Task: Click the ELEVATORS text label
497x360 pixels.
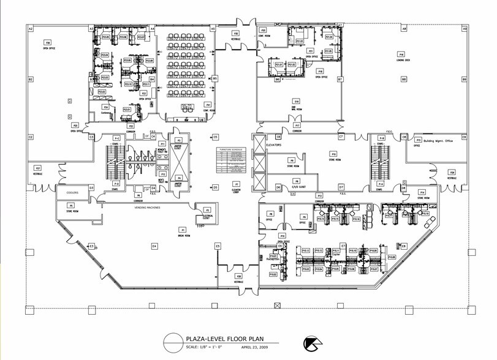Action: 274,145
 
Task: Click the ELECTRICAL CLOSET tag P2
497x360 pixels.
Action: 207,210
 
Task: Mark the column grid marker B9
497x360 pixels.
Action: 464,80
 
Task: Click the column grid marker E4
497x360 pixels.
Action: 154,246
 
